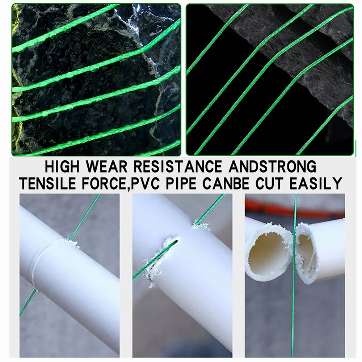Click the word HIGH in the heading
[62, 167]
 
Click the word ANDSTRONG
[273, 167]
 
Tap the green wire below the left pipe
[28, 302]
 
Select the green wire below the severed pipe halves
[293, 319]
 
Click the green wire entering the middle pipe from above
[209, 209]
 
